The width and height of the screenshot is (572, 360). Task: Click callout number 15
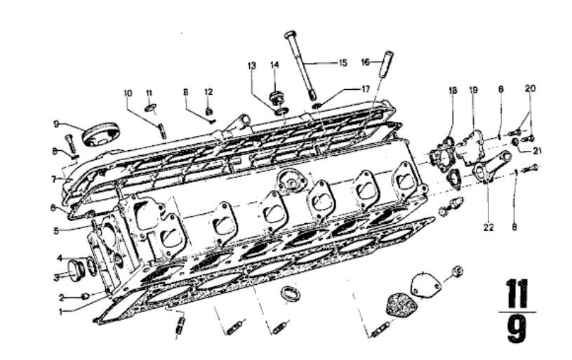pos(342,63)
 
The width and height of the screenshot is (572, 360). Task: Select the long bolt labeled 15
pos(300,66)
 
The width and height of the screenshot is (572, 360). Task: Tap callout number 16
pos(366,62)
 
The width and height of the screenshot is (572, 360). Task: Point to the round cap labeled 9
pos(101,134)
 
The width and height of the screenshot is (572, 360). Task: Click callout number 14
pos(274,65)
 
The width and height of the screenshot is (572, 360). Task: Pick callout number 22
pos(488,227)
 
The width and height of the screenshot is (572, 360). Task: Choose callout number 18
pos(453,90)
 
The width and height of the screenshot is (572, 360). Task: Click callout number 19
pos(473,90)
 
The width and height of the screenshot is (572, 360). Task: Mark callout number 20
pos(530,88)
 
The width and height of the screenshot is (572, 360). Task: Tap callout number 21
pos(537,150)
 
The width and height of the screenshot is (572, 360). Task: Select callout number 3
pos(57,278)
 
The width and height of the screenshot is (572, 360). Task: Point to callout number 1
pos(61,312)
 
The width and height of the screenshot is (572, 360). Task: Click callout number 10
pos(128,93)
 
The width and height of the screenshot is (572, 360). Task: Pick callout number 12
pos(208,92)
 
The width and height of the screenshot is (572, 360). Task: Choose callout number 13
pos(252,66)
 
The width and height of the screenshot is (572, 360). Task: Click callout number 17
pos(366,89)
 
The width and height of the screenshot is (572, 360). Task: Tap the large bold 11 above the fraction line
pos(518,294)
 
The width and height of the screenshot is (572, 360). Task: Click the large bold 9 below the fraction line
pos(518,329)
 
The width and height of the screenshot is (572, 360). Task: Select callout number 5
pos(56,231)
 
